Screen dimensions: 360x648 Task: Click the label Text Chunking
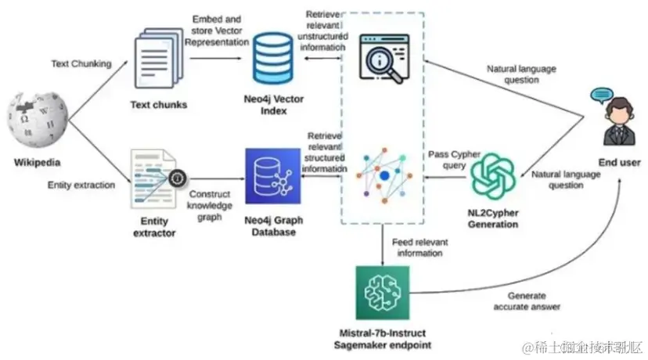[x=81, y=63]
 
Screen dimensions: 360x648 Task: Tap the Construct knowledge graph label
[x=211, y=204]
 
